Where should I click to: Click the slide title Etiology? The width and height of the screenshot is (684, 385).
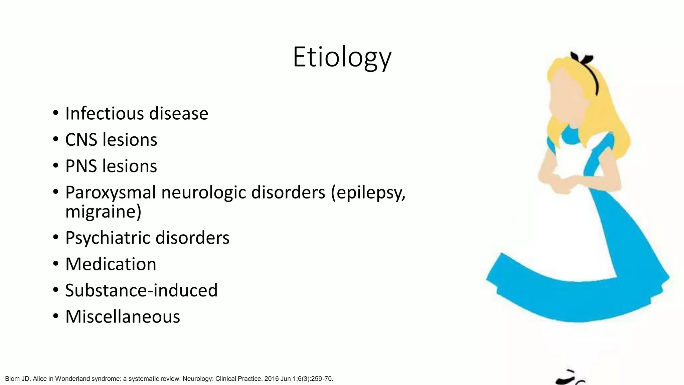point(342,57)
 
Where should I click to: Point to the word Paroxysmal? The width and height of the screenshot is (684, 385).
point(111,192)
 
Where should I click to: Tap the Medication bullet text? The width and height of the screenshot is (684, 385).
point(111,264)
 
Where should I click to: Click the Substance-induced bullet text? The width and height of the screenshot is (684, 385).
point(141,290)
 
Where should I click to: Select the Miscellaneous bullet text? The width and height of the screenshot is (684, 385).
point(123,316)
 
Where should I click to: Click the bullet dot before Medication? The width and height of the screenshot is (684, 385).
point(55,264)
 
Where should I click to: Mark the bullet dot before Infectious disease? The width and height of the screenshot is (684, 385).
point(55,113)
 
